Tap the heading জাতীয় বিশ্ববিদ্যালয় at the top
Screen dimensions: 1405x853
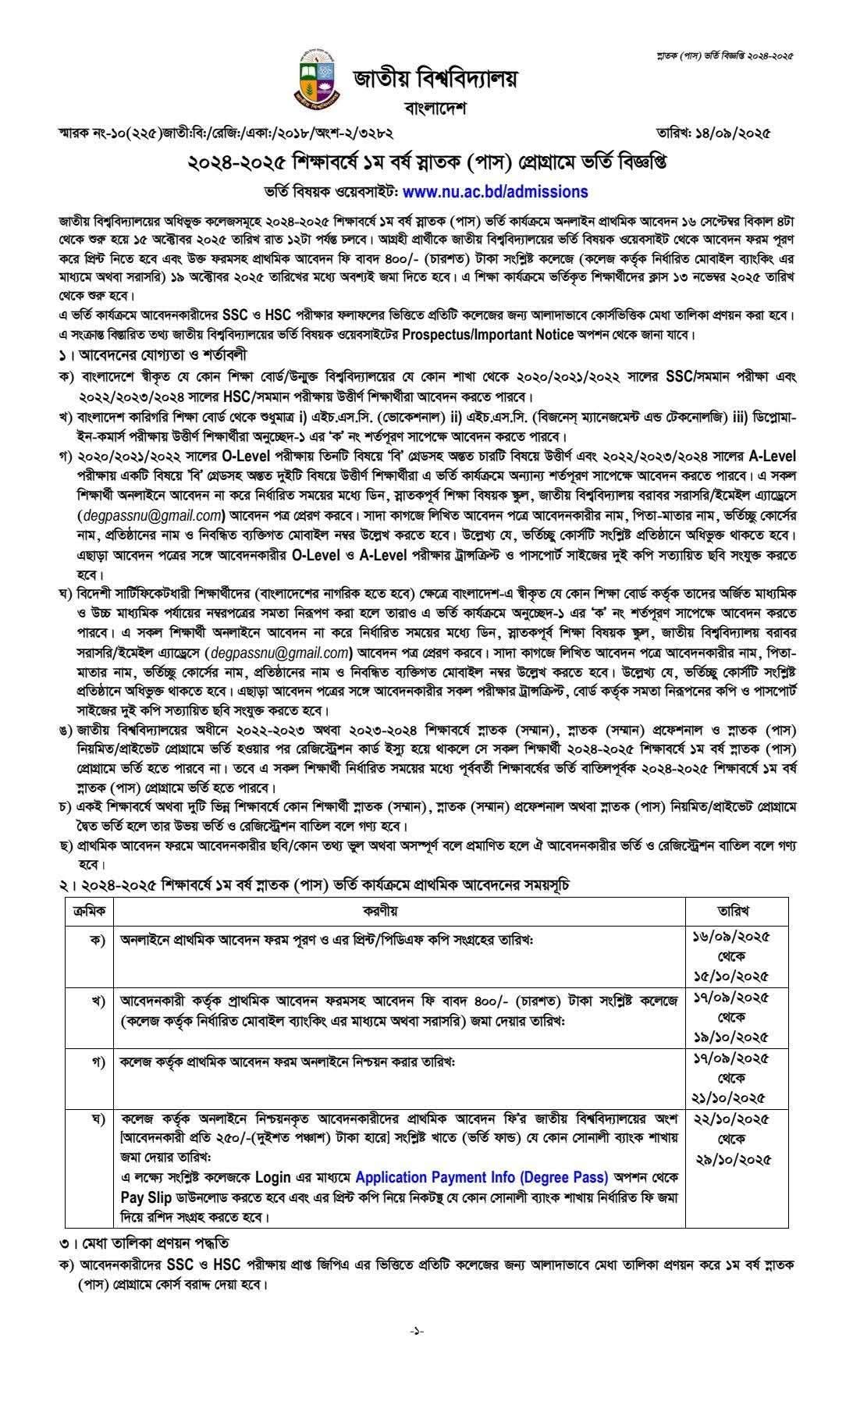435,79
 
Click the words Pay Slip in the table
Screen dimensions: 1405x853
140,1197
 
